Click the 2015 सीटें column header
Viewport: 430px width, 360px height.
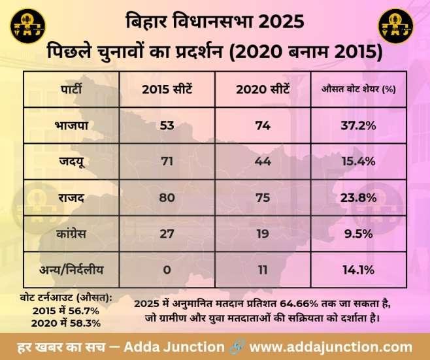(167, 90)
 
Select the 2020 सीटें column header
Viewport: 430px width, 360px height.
(263, 90)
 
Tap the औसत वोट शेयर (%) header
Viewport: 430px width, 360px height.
(359, 90)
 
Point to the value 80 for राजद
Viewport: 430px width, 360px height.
(167, 197)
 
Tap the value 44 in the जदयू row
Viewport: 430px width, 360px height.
(263, 161)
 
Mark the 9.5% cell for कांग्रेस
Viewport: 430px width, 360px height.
(358, 232)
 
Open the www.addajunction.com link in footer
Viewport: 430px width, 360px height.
(331, 346)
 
